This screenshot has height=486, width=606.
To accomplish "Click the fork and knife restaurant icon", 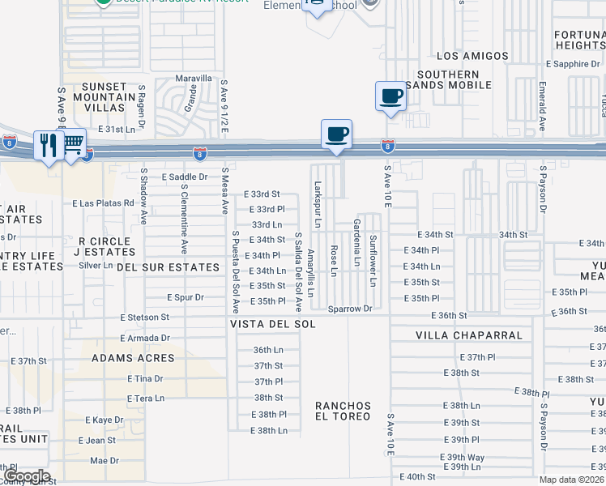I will (48, 145).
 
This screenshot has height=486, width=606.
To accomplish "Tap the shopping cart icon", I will (73, 143).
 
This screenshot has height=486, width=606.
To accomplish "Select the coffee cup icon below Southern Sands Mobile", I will (390, 96).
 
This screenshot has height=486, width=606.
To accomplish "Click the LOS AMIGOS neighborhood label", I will (472, 56).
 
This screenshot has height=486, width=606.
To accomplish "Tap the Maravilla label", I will (194, 79).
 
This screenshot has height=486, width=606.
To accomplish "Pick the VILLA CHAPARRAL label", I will (469, 335).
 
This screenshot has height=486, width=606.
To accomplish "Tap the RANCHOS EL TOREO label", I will (343, 411).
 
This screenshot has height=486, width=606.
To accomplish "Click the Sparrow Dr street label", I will (350, 309).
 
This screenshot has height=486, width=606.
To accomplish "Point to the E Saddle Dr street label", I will (185, 176).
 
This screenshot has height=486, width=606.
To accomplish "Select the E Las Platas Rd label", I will (103, 202).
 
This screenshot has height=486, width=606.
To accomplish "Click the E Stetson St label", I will (144, 318).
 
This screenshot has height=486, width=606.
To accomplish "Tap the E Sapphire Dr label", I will (573, 63).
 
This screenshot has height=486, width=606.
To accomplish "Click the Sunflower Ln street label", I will (373, 260).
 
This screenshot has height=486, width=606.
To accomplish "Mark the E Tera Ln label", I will (146, 398).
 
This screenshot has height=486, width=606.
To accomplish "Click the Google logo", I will (26, 476).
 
